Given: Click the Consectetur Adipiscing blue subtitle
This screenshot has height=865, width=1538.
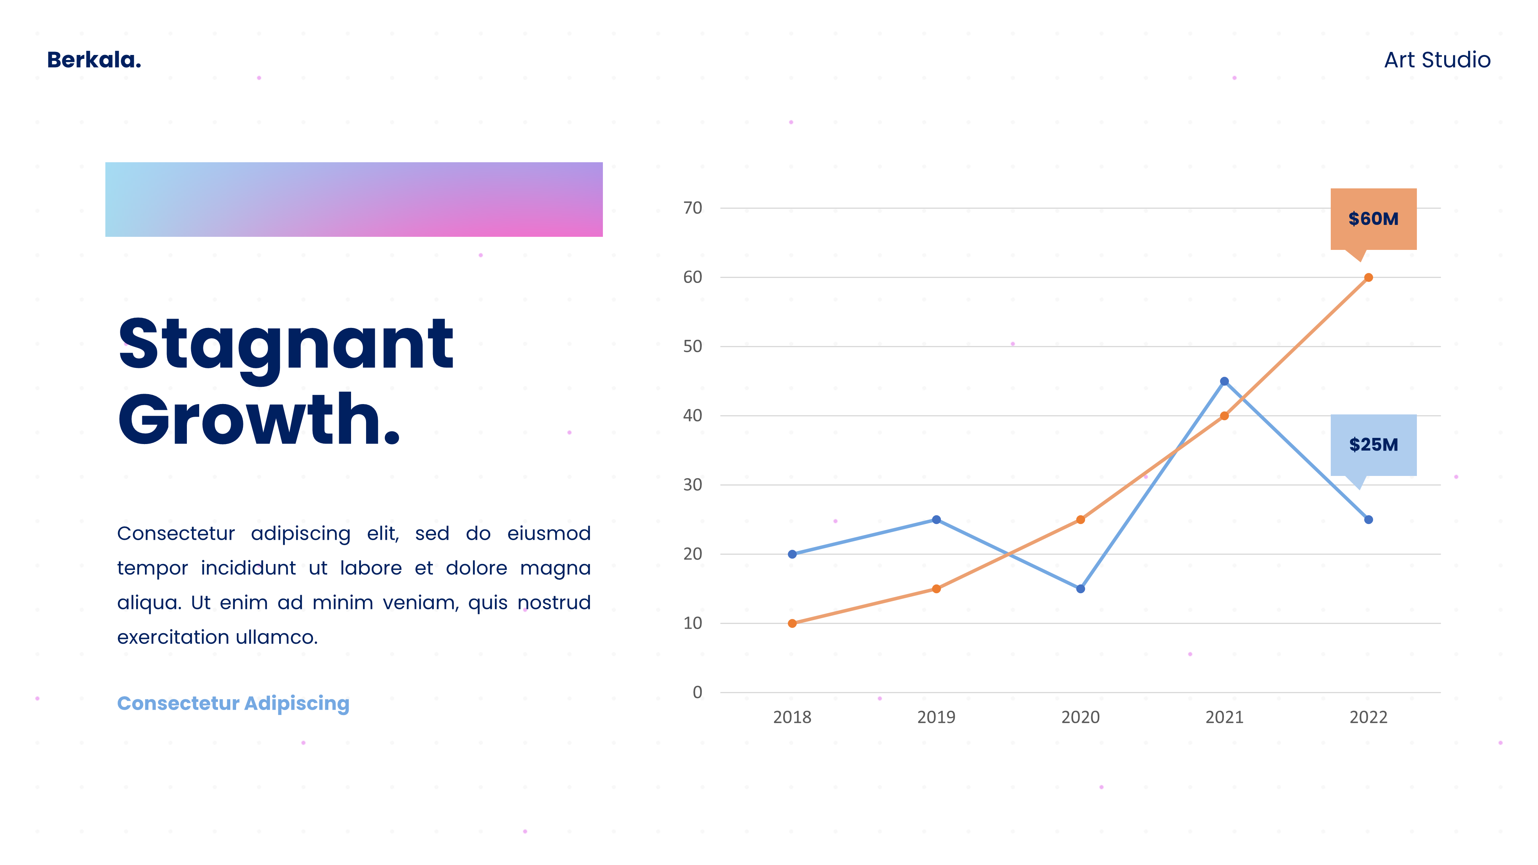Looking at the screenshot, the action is [233, 704].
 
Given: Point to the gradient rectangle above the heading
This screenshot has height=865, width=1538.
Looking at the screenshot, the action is [354, 200].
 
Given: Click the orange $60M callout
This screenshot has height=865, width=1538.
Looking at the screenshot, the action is [1373, 219].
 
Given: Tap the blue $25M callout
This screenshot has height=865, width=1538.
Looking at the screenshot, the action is [1373, 445].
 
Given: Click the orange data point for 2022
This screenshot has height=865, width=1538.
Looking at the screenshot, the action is [1368, 278].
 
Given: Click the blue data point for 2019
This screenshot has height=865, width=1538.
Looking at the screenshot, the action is [936, 519].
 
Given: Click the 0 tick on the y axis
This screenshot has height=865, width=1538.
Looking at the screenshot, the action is [697, 692].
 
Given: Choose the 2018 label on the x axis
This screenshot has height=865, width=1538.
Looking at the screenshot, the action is [792, 717].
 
